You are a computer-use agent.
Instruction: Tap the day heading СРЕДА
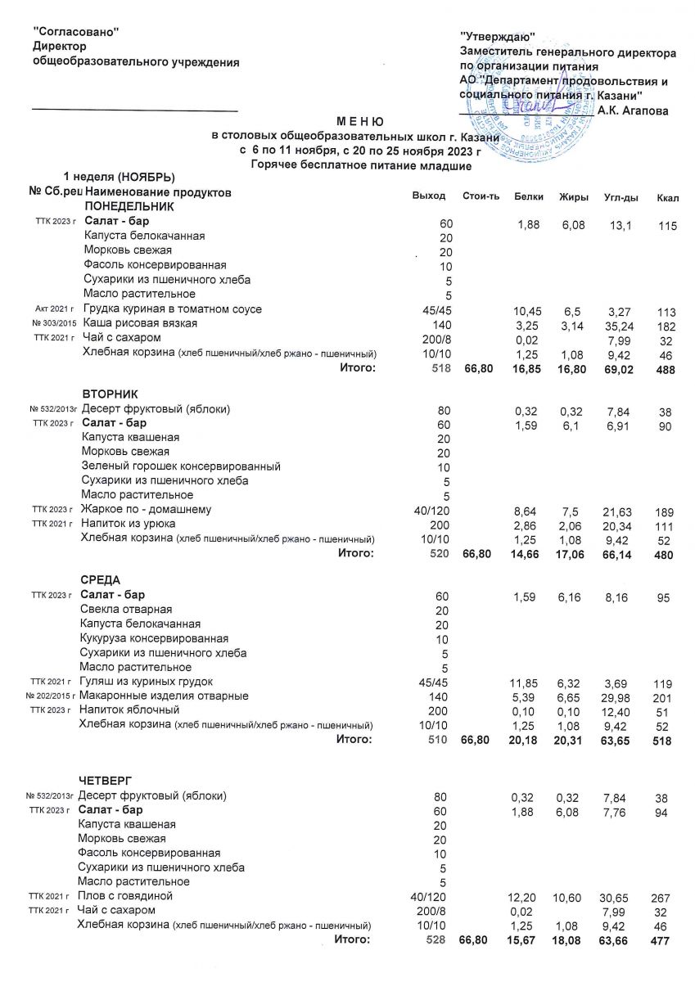pyautogui.click(x=103, y=579)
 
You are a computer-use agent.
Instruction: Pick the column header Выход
pyautogui.click(x=430, y=196)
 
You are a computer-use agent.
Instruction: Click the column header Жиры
pyautogui.click(x=571, y=197)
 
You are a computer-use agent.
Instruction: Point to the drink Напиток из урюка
pyautogui.click(x=134, y=525)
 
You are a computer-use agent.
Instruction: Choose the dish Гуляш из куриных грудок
pyautogui.click(x=147, y=681)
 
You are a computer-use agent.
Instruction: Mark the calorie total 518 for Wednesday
pyautogui.click(x=663, y=741)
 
